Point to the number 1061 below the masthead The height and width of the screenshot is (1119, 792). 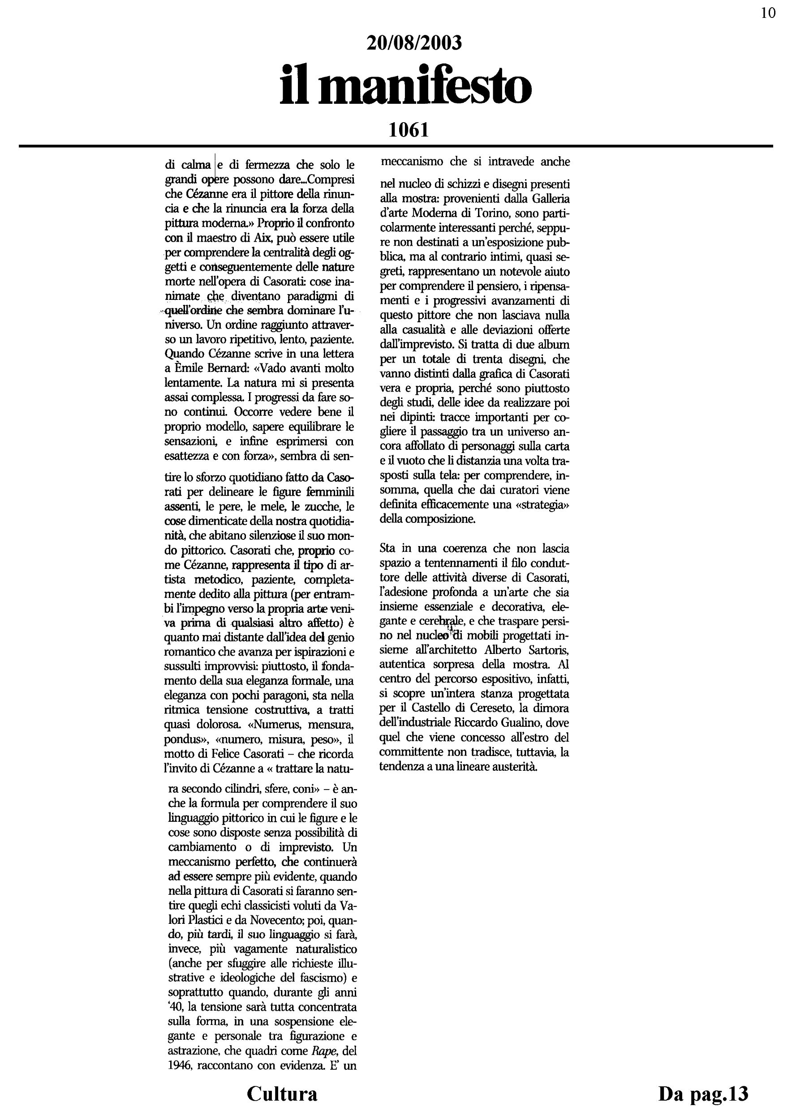click(x=409, y=130)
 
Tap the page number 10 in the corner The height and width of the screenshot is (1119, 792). click(x=768, y=13)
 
